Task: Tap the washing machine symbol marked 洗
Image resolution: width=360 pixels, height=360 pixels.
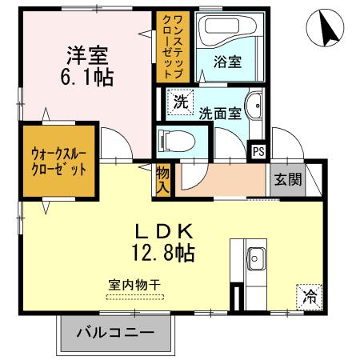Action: tap(181, 102)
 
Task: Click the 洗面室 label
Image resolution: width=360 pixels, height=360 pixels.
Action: tap(220, 113)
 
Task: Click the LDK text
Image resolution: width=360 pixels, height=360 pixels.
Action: tap(164, 233)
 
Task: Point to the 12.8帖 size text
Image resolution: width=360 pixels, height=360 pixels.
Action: tap(164, 254)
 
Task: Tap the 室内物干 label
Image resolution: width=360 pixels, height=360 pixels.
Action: tap(133, 285)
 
